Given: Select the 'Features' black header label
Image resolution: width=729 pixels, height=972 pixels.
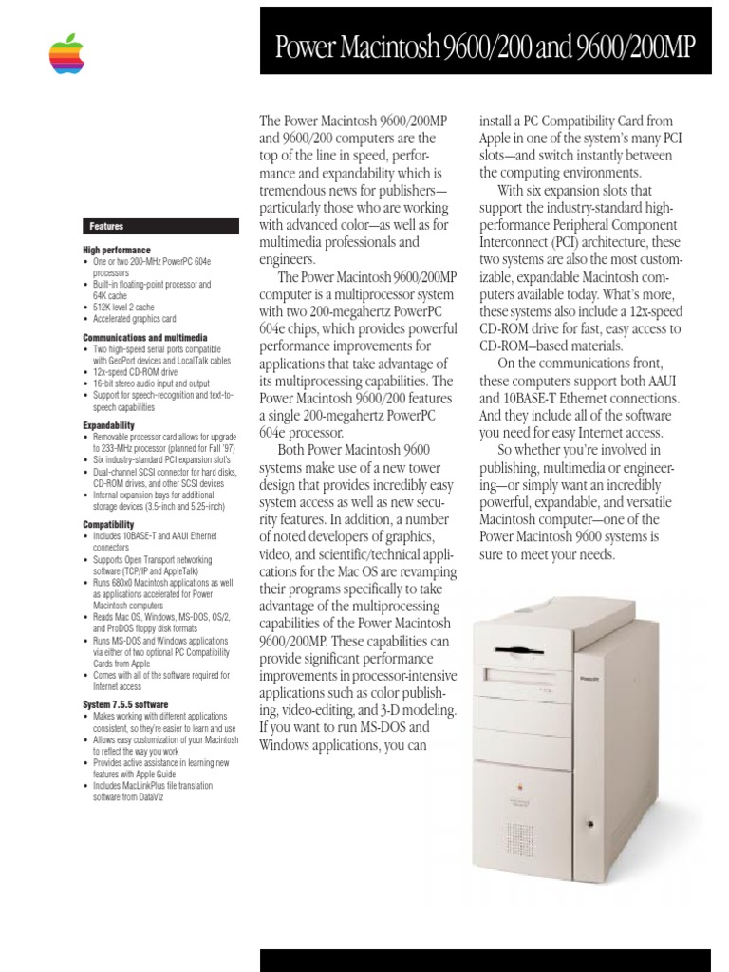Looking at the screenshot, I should point(106,226).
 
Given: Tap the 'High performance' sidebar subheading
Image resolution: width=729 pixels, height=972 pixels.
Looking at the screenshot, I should point(117,250).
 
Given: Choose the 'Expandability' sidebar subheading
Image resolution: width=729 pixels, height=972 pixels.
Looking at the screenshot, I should point(108,425).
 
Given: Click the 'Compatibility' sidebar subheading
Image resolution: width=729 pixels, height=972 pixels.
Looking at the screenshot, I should point(108,523).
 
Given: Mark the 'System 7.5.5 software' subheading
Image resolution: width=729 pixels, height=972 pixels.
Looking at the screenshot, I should point(127,703).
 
